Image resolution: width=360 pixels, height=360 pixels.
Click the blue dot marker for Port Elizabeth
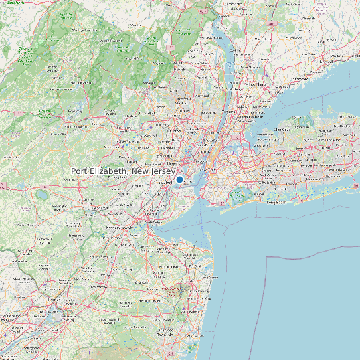click(179, 179)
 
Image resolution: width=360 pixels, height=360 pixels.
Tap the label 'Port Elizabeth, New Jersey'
click(123, 171)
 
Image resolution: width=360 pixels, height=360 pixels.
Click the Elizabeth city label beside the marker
click(165, 181)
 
